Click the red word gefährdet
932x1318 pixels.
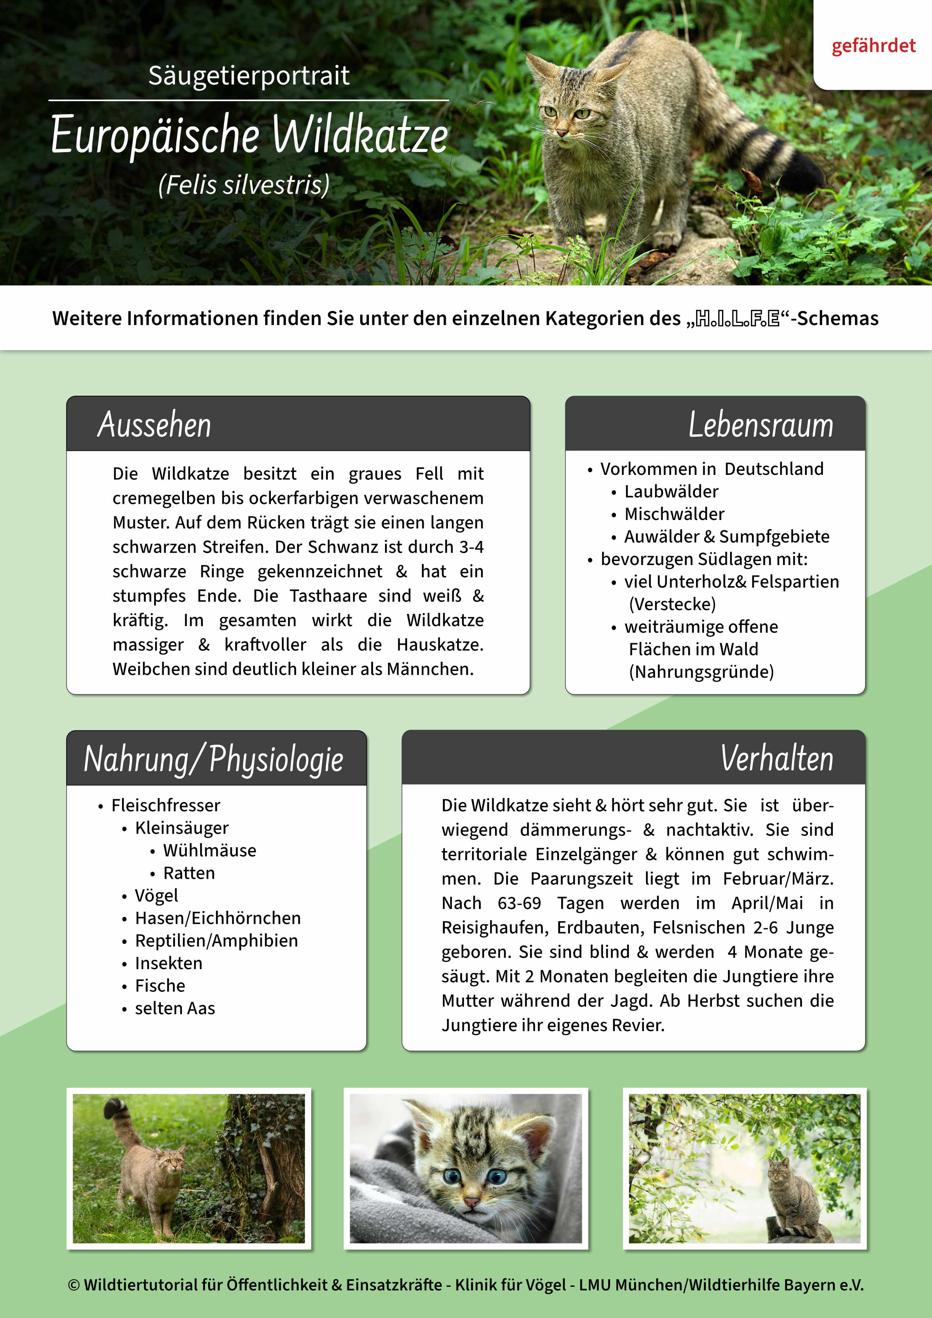(x=873, y=46)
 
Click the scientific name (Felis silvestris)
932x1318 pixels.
(x=244, y=185)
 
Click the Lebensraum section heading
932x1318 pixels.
(x=760, y=425)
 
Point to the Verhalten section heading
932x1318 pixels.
(x=776, y=758)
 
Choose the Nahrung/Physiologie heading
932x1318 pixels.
(x=213, y=759)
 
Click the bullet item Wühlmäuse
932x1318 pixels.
(x=210, y=850)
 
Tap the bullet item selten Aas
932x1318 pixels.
(x=175, y=1008)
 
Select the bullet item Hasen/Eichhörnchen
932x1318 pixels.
(x=218, y=918)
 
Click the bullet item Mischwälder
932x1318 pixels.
(x=674, y=514)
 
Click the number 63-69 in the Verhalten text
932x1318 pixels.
(x=520, y=903)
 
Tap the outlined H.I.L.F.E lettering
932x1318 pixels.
(x=737, y=319)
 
